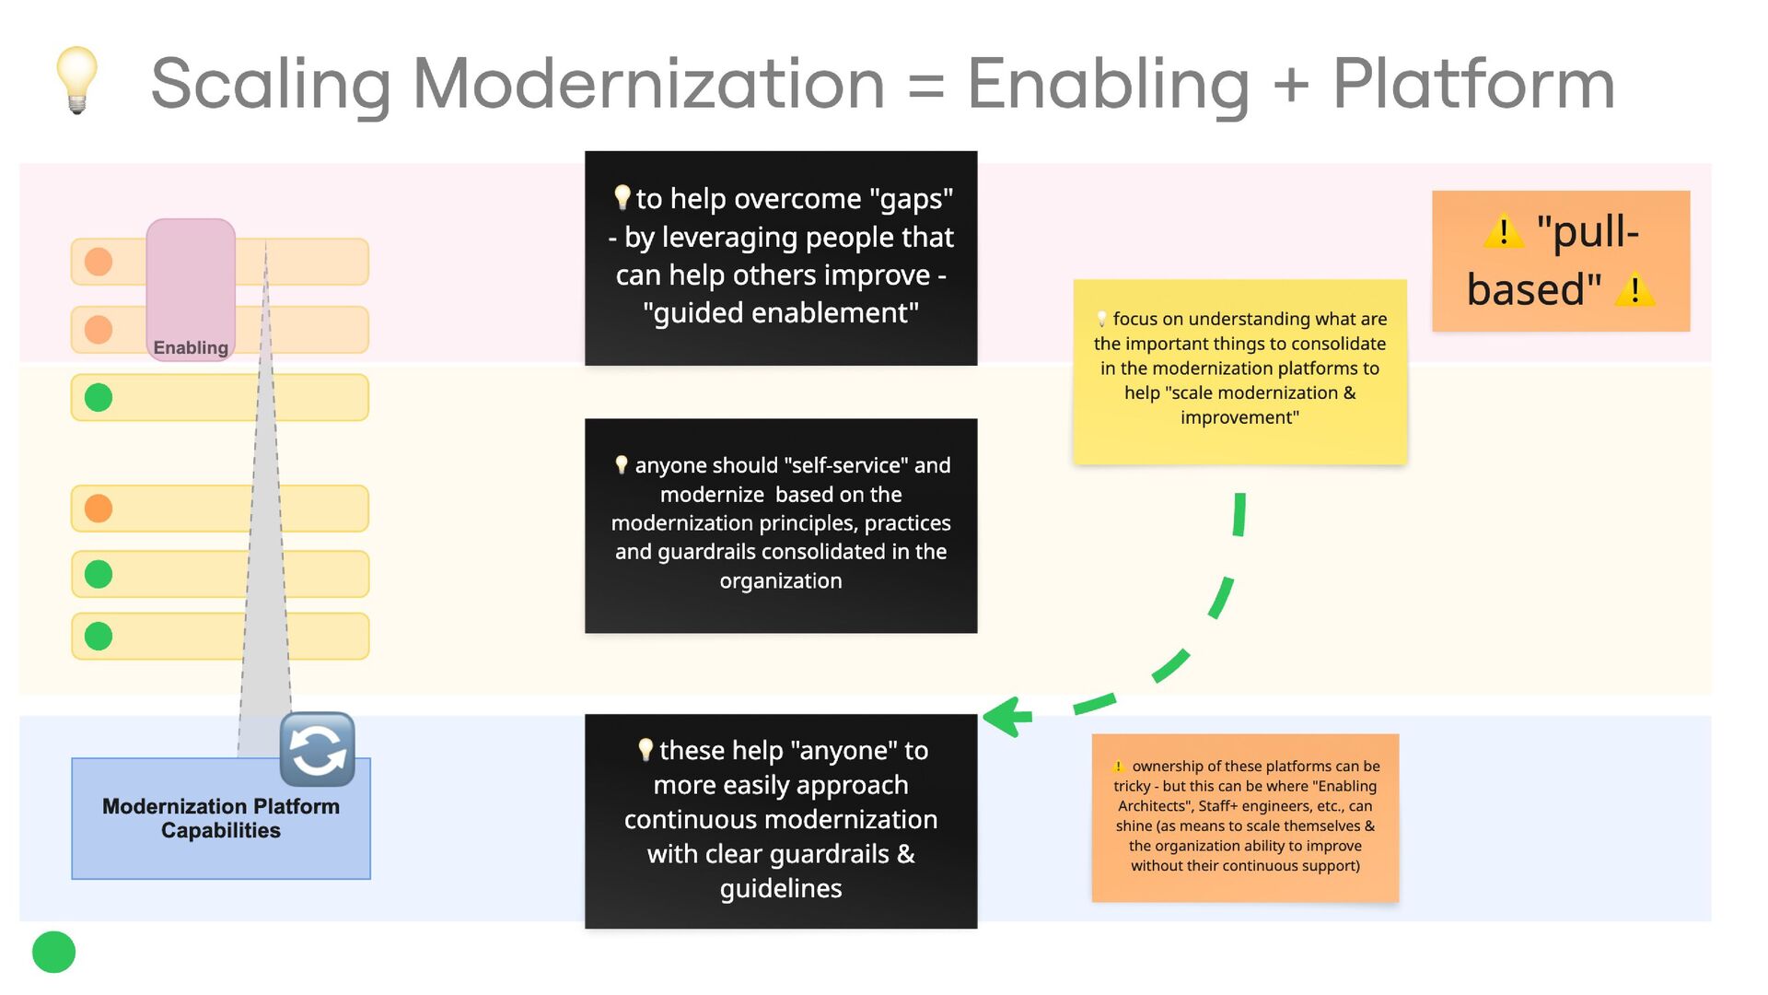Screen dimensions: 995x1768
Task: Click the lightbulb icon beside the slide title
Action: pyautogui.click(x=77, y=80)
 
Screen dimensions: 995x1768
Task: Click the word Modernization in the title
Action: pyautogui.click(x=648, y=84)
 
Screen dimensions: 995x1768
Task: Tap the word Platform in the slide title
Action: pyautogui.click(x=1473, y=84)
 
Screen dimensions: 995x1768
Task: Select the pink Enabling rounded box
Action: pyautogui.click(x=191, y=289)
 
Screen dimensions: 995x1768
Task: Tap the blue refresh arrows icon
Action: pyautogui.click(x=318, y=749)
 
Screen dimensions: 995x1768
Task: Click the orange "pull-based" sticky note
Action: pyautogui.click(x=1560, y=261)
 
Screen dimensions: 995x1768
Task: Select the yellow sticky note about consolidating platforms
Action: pyautogui.click(x=1239, y=371)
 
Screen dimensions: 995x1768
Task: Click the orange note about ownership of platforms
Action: pyautogui.click(x=1245, y=817)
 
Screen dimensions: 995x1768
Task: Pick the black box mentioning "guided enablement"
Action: pyautogui.click(x=781, y=258)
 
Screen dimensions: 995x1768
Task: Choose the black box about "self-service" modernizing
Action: pyautogui.click(x=781, y=525)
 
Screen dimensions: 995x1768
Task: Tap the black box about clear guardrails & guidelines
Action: pyautogui.click(x=781, y=821)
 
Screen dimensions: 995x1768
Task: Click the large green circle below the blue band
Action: pyautogui.click(x=53, y=952)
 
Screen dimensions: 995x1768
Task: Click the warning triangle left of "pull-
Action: pyautogui.click(x=1504, y=231)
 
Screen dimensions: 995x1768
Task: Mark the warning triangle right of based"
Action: pyautogui.click(x=1635, y=289)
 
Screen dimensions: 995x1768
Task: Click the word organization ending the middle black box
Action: pyautogui.click(x=781, y=581)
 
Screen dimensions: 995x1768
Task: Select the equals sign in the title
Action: pyautogui.click(x=925, y=86)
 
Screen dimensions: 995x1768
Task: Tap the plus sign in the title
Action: pyautogui.click(x=1291, y=84)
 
